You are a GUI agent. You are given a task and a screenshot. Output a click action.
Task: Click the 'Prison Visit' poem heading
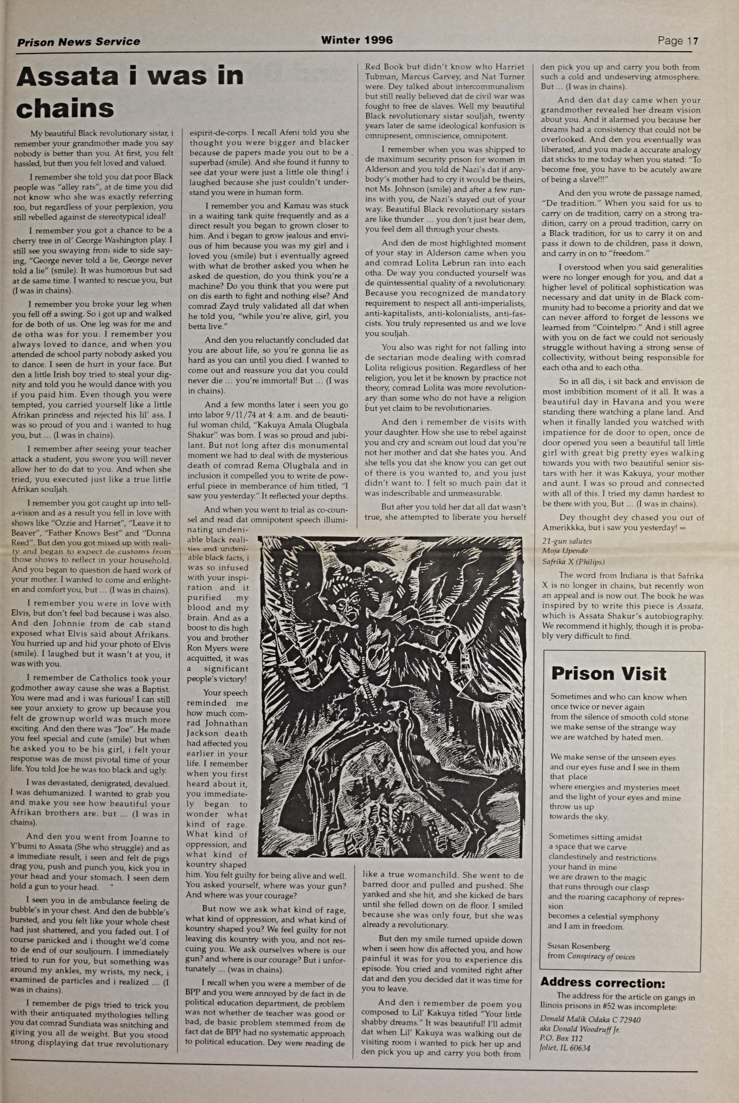pyautogui.click(x=608, y=674)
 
